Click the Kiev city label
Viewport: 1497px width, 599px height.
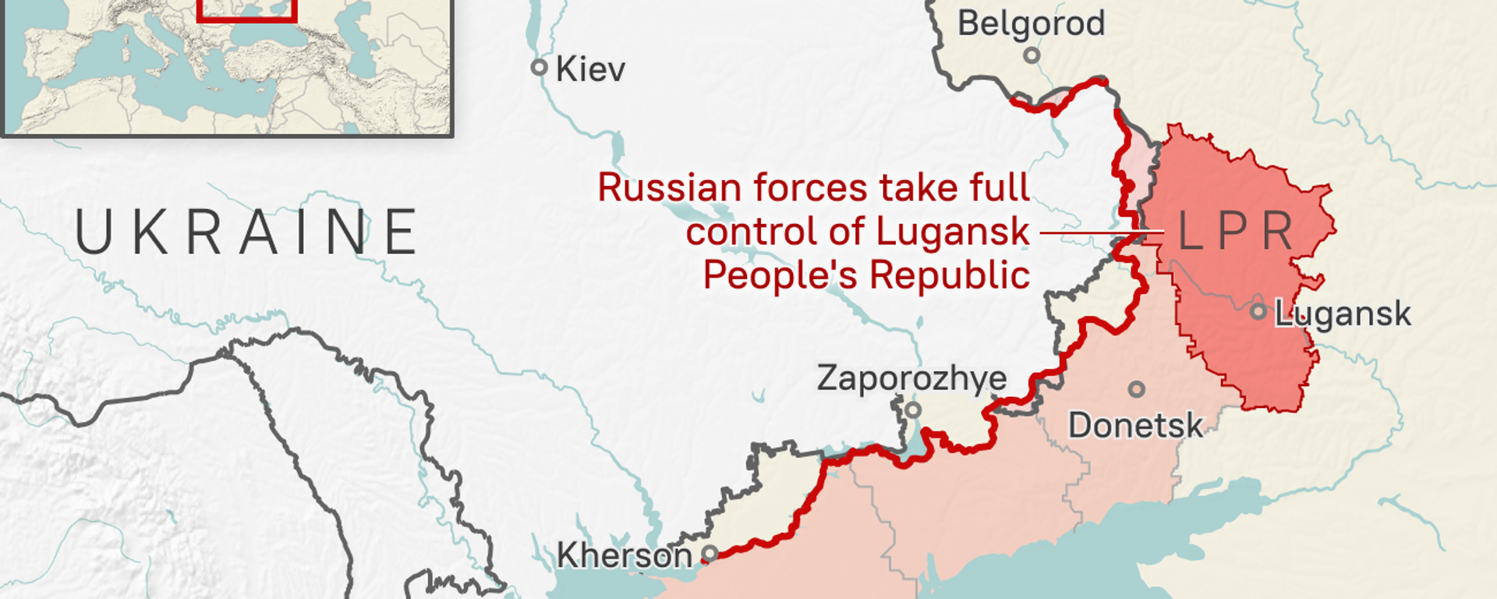[590, 69]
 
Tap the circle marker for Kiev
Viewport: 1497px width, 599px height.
[539, 67]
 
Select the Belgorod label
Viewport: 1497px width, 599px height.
[1031, 23]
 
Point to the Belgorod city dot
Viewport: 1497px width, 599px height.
[1032, 55]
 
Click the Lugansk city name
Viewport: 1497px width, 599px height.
[1343, 314]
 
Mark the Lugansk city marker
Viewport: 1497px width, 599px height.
[1258, 311]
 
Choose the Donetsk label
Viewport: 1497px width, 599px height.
[1135, 426]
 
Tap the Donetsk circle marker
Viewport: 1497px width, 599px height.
[1137, 388]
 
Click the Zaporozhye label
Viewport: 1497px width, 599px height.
[911, 378]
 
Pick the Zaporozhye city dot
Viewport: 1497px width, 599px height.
[913, 409]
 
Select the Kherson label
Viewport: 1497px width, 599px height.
[624, 555]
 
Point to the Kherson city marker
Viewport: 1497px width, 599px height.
[710, 554]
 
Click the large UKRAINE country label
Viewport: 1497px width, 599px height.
[246, 232]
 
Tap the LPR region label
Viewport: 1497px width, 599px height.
[1237, 232]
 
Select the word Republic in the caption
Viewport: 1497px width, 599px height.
[950, 275]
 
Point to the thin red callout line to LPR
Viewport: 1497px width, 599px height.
[1099, 232]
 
